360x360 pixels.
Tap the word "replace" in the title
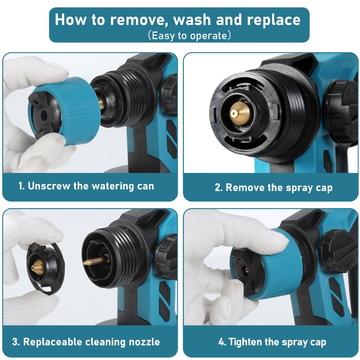pos(274,20)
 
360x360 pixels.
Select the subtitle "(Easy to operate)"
pos(189,36)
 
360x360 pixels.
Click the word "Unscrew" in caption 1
pos(49,186)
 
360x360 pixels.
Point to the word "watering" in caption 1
pos(113,186)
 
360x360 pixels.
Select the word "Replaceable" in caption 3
pos(53,342)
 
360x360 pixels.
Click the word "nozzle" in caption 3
pos(144,342)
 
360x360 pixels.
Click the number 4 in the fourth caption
pos(222,342)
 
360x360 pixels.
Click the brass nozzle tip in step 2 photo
pos(239,113)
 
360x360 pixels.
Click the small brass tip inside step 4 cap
pos(247,270)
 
